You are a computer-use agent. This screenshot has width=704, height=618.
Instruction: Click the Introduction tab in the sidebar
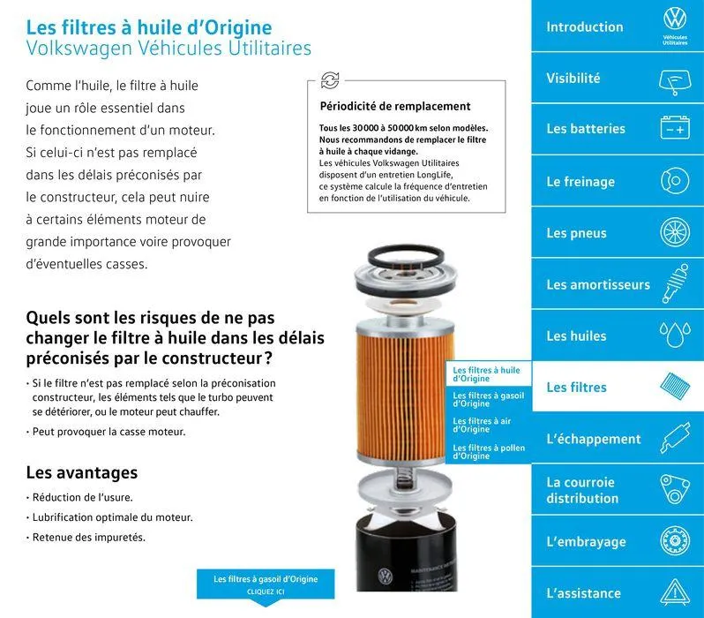click(x=584, y=26)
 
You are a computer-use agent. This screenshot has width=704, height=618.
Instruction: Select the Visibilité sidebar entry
click(x=573, y=78)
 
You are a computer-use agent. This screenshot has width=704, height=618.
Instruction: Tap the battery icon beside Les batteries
click(x=675, y=130)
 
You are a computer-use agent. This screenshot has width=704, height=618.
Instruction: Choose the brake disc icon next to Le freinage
click(x=675, y=182)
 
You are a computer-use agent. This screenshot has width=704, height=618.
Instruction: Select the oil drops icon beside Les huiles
click(x=675, y=335)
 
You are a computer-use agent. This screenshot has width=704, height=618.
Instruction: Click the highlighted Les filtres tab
click(x=577, y=387)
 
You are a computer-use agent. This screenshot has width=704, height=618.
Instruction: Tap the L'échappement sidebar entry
click(x=593, y=439)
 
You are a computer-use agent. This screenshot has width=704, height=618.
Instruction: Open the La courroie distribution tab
click(x=582, y=490)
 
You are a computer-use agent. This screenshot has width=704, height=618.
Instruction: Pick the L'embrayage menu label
click(x=586, y=541)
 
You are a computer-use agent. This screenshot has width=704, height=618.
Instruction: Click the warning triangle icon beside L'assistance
click(x=675, y=592)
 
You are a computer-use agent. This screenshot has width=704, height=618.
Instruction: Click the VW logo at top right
click(x=675, y=19)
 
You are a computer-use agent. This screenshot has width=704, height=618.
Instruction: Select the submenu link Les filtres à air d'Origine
click(x=482, y=425)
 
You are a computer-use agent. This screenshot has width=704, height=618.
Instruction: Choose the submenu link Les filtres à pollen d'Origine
click(x=489, y=452)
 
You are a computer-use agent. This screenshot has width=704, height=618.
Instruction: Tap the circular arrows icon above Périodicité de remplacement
click(x=330, y=81)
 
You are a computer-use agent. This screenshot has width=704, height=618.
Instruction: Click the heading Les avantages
click(x=82, y=473)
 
